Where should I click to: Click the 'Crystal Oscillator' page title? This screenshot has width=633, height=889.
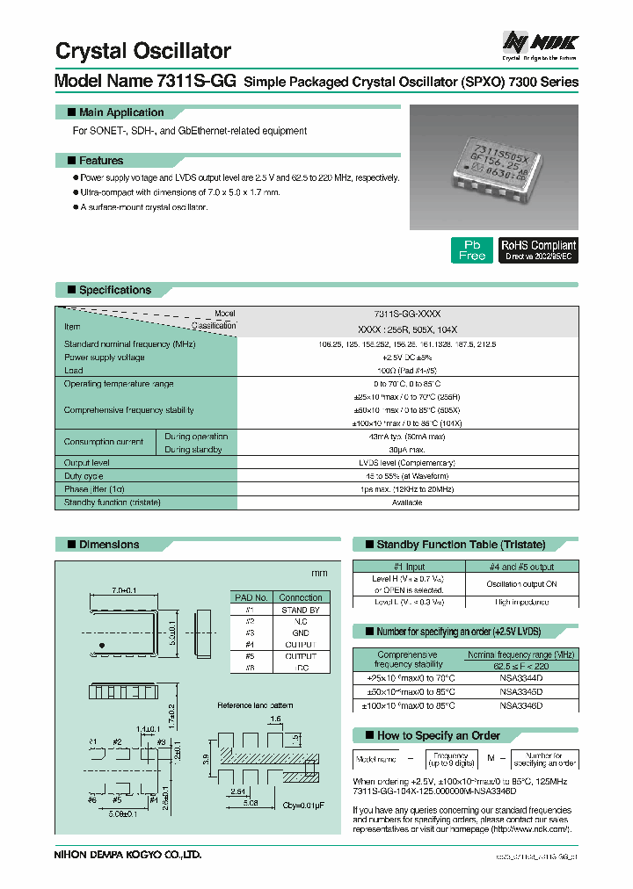coord(143,51)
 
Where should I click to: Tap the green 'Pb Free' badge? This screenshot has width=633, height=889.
coord(471,249)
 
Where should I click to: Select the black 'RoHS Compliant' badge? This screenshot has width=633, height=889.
coord(538,249)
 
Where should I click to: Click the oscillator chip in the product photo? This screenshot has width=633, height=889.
coord(493,163)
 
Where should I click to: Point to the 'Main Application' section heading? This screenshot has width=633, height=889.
coord(120,112)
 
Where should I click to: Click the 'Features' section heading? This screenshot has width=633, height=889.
coord(100,161)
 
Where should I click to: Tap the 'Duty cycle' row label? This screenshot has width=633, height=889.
coord(84,475)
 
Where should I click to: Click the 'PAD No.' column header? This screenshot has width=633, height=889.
coord(250,597)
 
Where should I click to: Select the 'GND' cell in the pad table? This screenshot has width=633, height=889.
coord(300,632)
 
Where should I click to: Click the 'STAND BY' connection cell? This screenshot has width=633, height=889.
coord(300,610)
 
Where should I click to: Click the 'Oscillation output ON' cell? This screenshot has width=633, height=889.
coord(521,584)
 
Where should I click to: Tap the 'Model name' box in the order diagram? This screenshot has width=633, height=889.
coord(375,759)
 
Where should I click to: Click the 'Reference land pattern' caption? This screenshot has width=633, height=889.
coord(255,705)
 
